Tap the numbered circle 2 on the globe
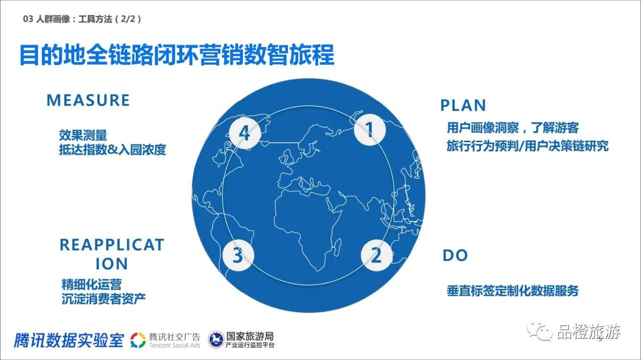(x=376, y=255)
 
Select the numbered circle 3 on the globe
(x=238, y=255)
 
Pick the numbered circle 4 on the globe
(x=245, y=133)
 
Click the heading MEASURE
(x=88, y=100)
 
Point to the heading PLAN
(x=463, y=105)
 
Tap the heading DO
(x=455, y=255)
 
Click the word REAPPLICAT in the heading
(x=112, y=245)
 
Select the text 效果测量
(x=83, y=135)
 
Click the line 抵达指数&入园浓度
(x=113, y=150)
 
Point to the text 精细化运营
(x=92, y=284)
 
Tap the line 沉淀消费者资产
(x=104, y=299)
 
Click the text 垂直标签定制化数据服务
(x=512, y=291)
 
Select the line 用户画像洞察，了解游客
(x=513, y=128)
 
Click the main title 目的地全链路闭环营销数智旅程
(x=177, y=55)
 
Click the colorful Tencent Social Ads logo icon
(x=138, y=340)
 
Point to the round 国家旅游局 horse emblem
(x=216, y=339)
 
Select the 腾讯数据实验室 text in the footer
(x=69, y=340)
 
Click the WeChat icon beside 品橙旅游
(x=540, y=331)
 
